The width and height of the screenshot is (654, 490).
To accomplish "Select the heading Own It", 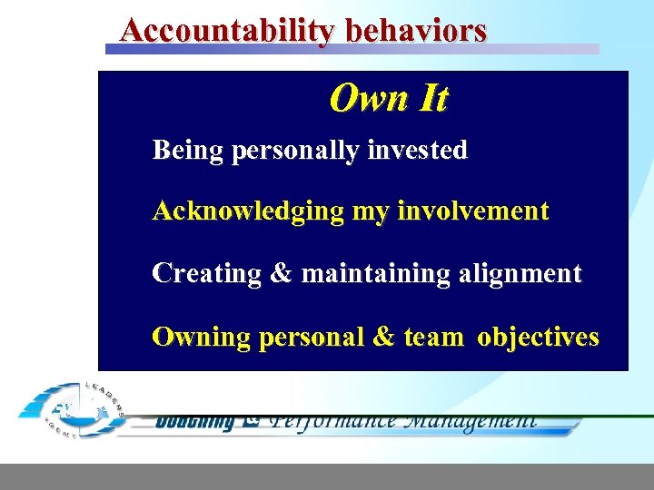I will click(x=388, y=98).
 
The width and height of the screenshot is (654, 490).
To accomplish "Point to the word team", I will click(x=433, y=338).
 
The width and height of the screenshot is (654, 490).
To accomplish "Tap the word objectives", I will click(x=538, y=338).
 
